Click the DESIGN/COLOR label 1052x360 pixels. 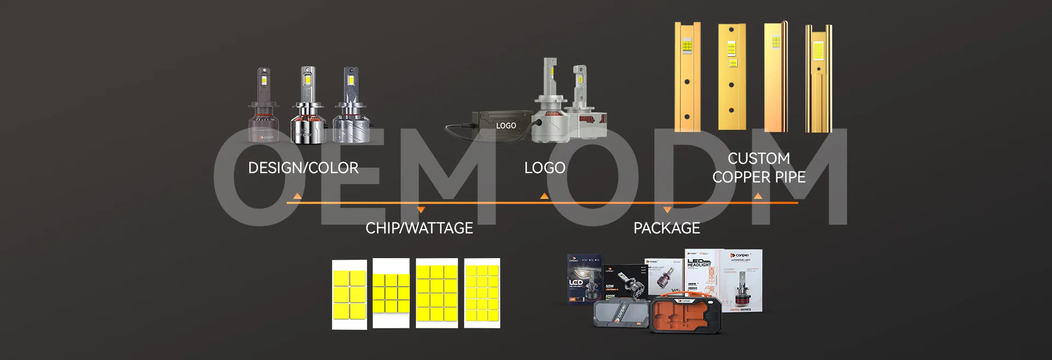(303, 168)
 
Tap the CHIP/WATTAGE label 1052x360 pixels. (419, 228)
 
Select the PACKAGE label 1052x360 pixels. (666, 228)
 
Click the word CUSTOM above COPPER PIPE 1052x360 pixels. (758, 158)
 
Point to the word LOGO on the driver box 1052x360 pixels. (506, 125)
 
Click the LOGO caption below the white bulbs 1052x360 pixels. (544, 168)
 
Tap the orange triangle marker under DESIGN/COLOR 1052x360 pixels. (297, 196)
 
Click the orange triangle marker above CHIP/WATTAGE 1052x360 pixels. (421, 210)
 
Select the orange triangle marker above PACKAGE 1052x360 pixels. (667, 210)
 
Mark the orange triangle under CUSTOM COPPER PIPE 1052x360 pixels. (758, 196)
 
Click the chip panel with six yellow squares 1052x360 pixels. (349, 294)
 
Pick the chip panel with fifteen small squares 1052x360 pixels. (482, 293)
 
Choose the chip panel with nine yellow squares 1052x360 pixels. (391, 293)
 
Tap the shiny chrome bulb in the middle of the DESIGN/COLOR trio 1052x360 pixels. (307, 107)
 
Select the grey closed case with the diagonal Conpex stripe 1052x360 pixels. (621, 314)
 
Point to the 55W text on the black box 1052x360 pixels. (610, 286)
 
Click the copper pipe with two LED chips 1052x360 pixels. (732, 77)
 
